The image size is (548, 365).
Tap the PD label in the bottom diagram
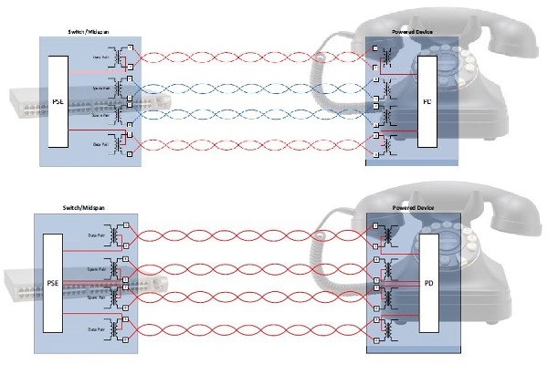[x=427, y=284]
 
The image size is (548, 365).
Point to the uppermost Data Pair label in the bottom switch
[x=95, y=235]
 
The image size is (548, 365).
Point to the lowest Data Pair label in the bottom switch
[x=95, y=328]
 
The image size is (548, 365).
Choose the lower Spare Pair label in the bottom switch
[x=95, y=297]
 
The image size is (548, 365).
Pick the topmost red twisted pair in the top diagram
[x=251, y=56]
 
